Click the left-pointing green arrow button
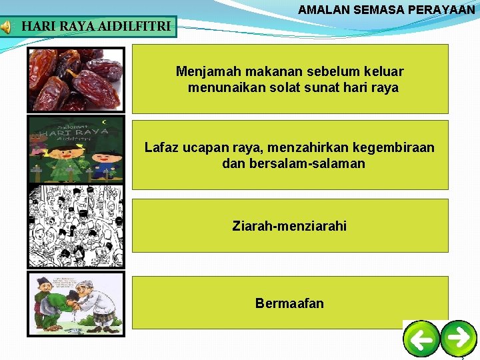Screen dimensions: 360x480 tap(421, 339)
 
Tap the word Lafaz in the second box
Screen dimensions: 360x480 tap(160, 147)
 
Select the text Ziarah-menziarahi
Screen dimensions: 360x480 tap(289, 226)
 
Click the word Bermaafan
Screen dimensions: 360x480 tap(289, 303)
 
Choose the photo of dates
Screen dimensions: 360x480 tap(75, 79)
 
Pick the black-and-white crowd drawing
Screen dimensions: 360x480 tap(75, 227)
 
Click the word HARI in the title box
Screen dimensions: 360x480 tap(39, 27)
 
